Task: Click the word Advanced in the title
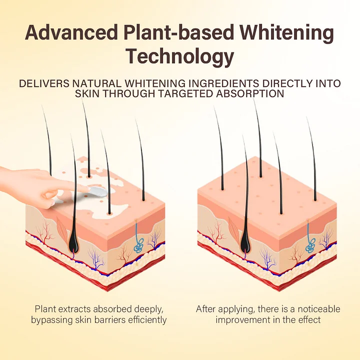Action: coord(71,32)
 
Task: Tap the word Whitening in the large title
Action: coord(287,33)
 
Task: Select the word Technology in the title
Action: coord(180,57)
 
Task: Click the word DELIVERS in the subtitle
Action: coord(44,83)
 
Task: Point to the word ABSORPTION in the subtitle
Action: coord(250,93)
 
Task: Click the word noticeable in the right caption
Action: coord(319,309)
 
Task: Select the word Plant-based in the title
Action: coord(178,32)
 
